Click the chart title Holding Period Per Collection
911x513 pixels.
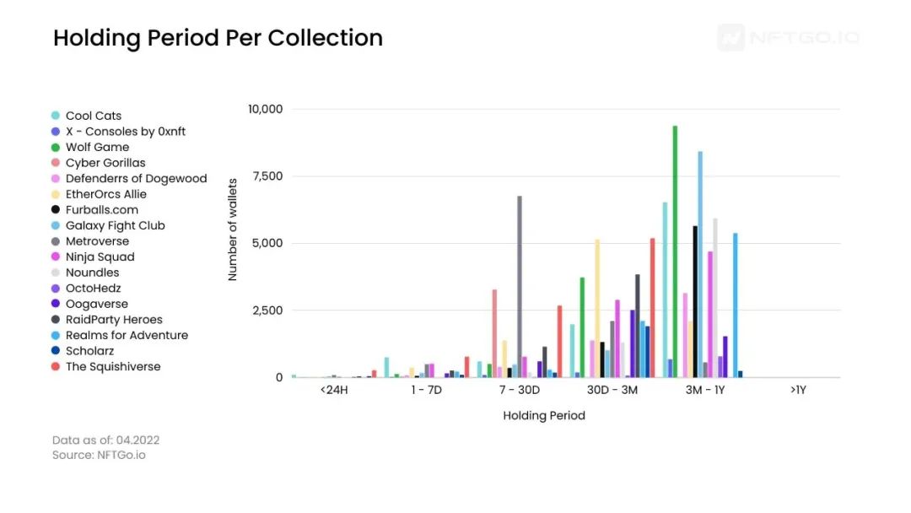218,38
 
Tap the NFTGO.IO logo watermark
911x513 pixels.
789,38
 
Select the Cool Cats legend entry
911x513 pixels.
94,116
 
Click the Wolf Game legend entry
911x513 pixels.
97,147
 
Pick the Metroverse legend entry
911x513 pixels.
97,241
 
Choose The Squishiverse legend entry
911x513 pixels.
113,366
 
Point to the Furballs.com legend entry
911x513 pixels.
101,210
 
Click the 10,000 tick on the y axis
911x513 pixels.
265,109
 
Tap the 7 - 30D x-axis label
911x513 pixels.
520,391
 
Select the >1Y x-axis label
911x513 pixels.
798,391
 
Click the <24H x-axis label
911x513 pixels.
334,391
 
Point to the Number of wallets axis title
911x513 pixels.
233,229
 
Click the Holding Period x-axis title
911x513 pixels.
544,415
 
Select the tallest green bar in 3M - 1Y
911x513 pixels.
675,253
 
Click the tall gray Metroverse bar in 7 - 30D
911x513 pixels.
520,287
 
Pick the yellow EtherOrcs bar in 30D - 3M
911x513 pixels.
597,308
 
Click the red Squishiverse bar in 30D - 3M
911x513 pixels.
652,308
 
